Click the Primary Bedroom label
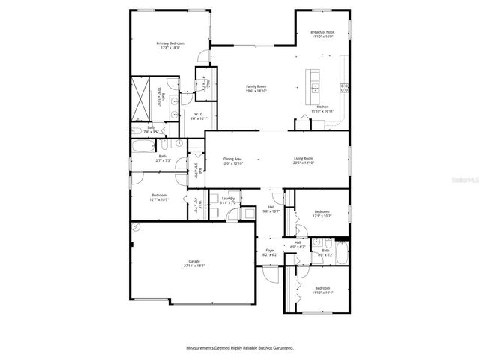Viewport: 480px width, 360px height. pos(170,44)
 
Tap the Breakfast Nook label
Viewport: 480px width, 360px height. pos(322,32)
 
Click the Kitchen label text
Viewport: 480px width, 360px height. pos(322,107)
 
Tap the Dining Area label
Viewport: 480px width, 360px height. pos(232,159)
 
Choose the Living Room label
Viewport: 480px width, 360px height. pos(303,159)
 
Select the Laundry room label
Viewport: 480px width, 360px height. pos(228,199)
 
